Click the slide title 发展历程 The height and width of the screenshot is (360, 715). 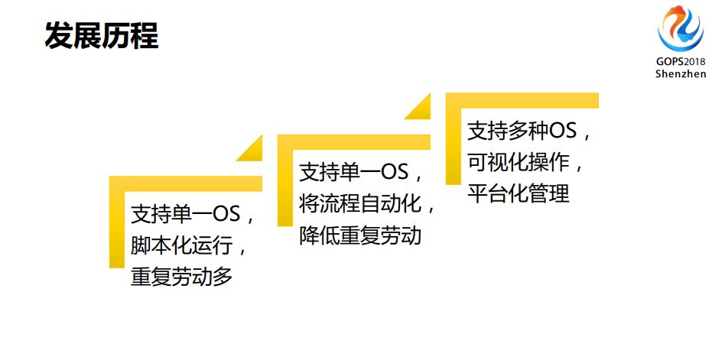101,36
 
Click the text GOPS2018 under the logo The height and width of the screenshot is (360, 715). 680,61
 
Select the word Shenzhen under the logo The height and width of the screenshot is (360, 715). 680,73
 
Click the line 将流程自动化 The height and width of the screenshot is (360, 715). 366,203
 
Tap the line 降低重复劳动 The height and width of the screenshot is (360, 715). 359,235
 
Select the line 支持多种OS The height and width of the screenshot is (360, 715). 528,131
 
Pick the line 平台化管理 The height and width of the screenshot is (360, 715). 518,193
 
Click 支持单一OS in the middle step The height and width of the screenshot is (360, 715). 360,171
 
